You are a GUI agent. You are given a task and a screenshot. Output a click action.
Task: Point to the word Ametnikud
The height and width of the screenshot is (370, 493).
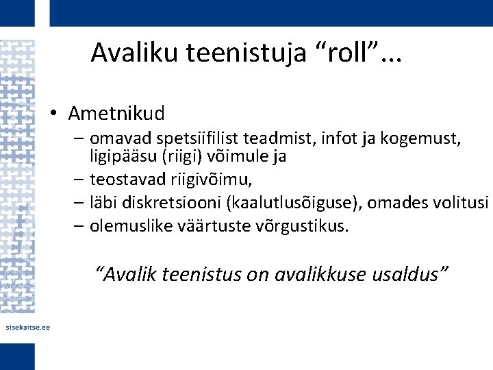pos(116,111)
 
